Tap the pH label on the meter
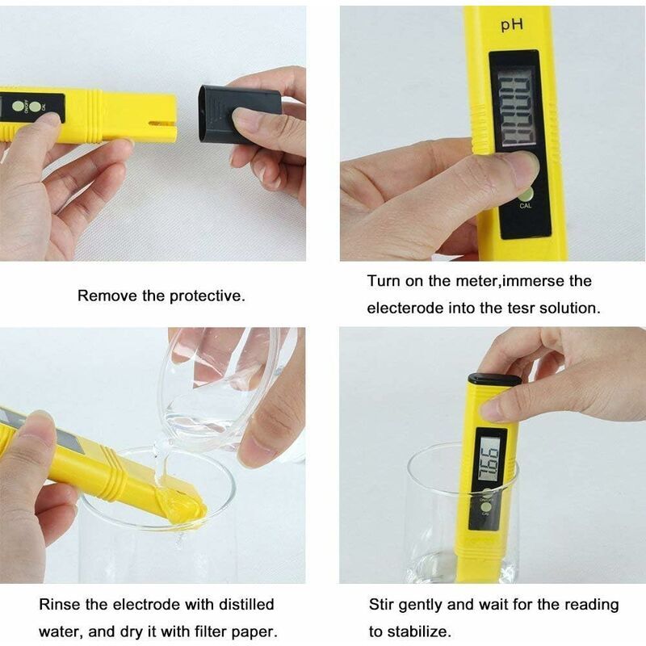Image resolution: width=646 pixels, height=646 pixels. pyautogui.click(x=512, y=25)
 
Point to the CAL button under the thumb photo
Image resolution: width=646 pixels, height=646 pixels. pyautogui.click(x=526, y=195)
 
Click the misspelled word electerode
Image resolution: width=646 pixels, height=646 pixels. pyautogui.click(x=405, y=308)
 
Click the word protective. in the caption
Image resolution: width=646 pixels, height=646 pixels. pyautogui.click(x=207, y=296)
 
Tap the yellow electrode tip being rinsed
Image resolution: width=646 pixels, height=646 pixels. pyautogui.click(x=184, y=506)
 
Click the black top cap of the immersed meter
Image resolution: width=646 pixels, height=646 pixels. pyautogui.click(x=494, y=379)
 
